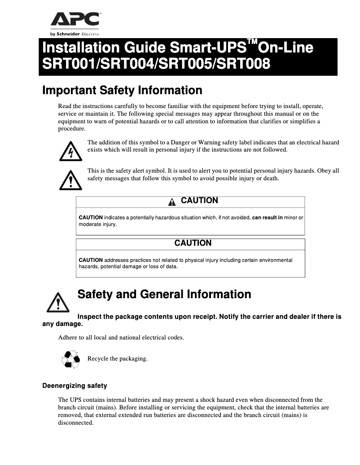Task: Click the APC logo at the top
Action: coord(75,19)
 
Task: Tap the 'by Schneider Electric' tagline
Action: coord(75,34)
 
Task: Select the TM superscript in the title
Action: coord(253,42)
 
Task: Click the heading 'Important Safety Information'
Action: coord(122,91)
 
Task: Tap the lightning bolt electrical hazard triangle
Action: coord(70,151)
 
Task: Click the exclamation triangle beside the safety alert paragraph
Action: coord(70,180)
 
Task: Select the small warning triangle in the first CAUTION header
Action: coord(172,202)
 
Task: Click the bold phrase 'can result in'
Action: coord(268,217)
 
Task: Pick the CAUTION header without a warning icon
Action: coord(193,243)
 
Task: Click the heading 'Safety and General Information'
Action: coord(164,295)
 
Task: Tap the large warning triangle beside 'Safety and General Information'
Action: coord(58,302)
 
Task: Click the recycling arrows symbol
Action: coord(70,359)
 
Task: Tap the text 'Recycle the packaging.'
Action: coord(117,359)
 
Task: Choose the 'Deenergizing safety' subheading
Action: coord(75,386)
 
